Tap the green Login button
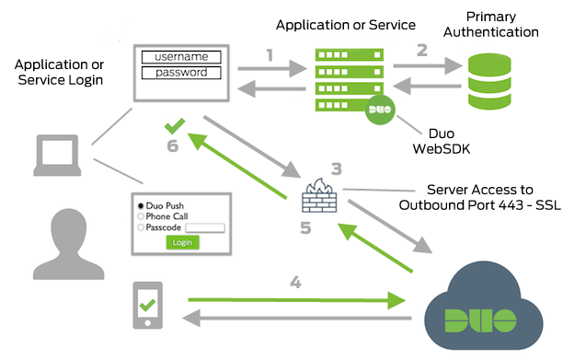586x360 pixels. (x=182, y=241)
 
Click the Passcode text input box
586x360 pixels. (x=205, y=226)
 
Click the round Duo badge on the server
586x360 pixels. (x=379, y=111)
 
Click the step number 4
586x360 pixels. (x=295, y=283)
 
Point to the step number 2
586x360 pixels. (x=421, y=51)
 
